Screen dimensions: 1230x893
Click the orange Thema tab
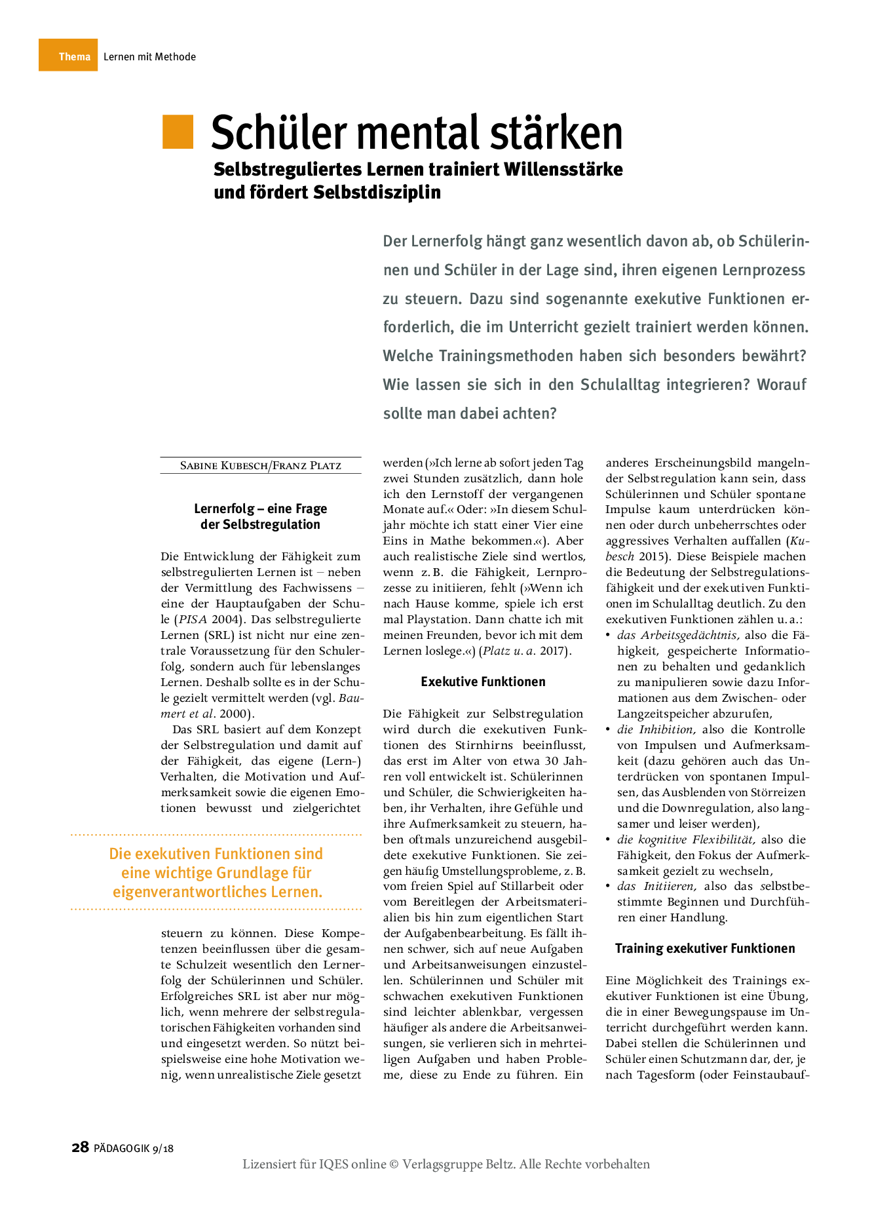(68, 56)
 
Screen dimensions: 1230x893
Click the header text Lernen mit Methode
(149, 57)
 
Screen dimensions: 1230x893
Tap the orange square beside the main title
(178, 131)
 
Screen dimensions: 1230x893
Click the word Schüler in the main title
(278, 132)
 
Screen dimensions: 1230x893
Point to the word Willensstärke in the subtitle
(563, 169)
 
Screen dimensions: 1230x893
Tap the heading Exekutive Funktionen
(483, 682)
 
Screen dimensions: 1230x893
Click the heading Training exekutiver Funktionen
(705, 948)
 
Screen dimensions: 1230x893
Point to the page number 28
(80, 1147)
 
